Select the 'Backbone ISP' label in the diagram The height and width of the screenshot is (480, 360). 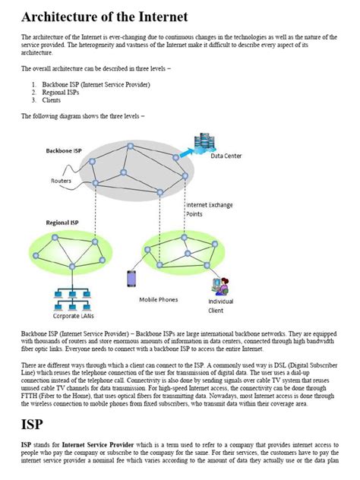[x=64, y=150]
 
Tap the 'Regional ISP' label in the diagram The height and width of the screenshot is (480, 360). [x=62, y=223]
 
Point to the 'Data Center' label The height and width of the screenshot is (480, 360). [x=226, y=156]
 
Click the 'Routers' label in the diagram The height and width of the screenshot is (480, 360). [x=62, y=181]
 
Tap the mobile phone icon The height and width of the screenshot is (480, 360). [x=131, y=279]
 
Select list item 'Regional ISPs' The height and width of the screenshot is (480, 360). [x=59, y=92]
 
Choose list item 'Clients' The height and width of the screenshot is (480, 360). [x=52, y=99]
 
